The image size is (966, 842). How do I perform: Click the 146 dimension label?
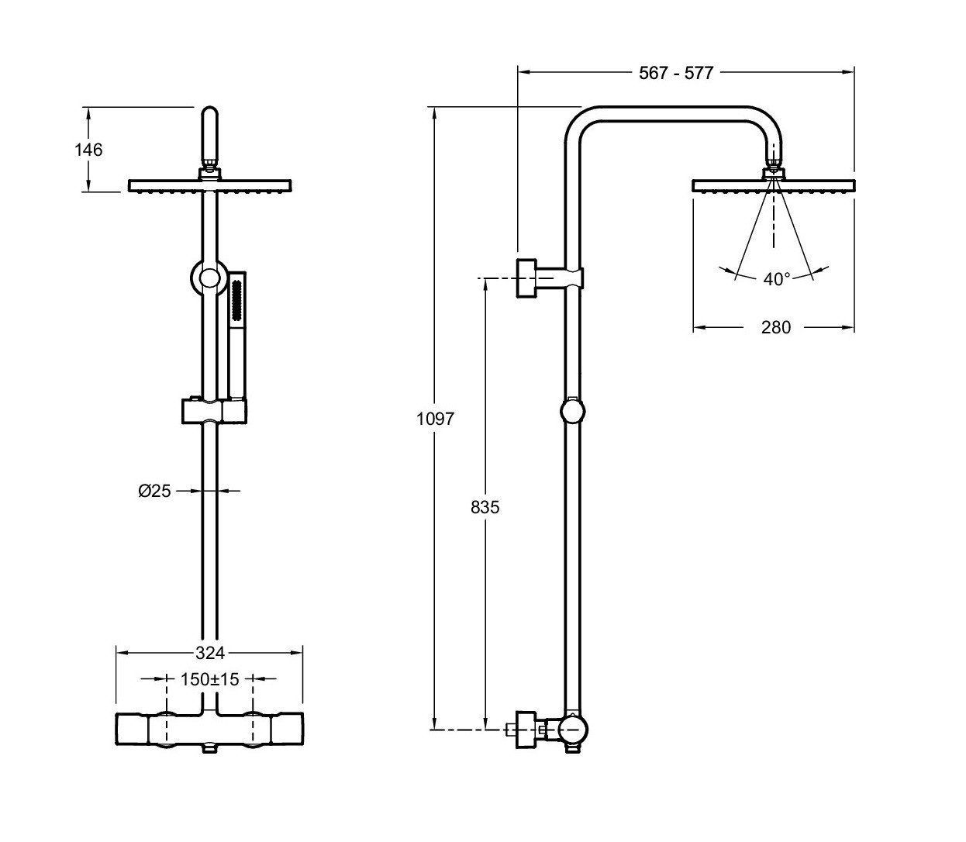88,150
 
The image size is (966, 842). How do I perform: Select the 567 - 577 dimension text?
675,73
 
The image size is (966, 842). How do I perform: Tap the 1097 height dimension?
435,419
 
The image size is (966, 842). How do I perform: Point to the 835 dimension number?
485,507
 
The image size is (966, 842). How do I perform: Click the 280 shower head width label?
776,327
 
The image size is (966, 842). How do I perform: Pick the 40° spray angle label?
777,279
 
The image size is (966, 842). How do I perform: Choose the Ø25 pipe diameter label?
154,491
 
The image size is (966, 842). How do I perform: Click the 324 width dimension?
210,654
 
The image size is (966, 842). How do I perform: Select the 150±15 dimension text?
210,679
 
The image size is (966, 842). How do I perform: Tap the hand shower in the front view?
237,335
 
